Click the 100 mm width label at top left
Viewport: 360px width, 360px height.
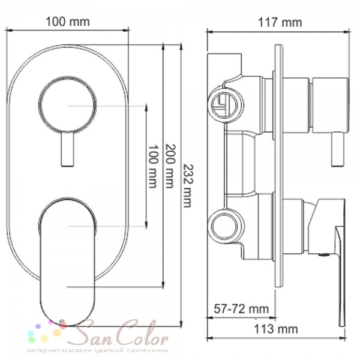pyautogui.click(x=68, y=22)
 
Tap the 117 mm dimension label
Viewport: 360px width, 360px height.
pyautogui.click(x=280, y=23)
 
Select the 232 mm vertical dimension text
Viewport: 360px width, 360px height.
pyautogui.click(x=188, y=186)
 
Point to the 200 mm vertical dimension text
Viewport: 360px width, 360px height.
pyautogui.click(x=170, y=166)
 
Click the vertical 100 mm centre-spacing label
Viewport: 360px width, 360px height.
pyautogui.click(x=153, y=166)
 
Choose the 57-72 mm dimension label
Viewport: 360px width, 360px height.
pyautogui.click(x=241, y=309)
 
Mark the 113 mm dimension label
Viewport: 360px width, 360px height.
pyautogui.click(x=276, y=329)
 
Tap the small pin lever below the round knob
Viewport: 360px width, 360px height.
pyautogui.click(x=67, y=149)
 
